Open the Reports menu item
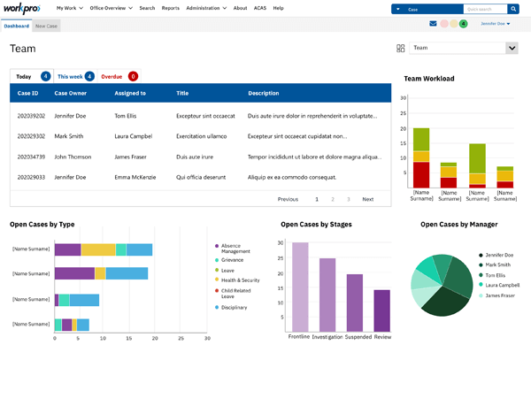click(170, 8)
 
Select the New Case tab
click(47, 27)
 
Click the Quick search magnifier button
click(513, 9)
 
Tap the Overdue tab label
click(112, 77)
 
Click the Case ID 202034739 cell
click(30, 157)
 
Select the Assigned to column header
click(130, 93)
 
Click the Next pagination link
click(367, 199)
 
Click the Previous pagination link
click(288, 199)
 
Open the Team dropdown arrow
click(511, 48)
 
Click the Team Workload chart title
click(429, 79)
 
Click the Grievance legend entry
click(231, 260)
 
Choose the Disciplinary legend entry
click(234, 307)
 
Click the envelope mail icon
click(433, 24)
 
